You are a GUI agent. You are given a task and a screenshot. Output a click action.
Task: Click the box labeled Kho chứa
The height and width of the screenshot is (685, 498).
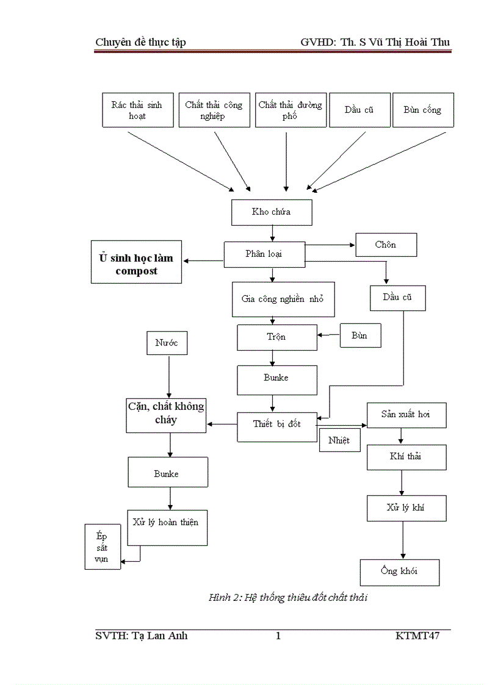click(272, 212)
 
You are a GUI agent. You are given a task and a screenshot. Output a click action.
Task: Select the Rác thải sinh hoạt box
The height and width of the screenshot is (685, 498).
click(137, 110)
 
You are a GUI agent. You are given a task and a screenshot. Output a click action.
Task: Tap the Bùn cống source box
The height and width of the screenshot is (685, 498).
click(423, 110)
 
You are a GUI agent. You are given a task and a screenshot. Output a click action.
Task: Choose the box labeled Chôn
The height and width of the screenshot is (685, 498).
click(386, 245)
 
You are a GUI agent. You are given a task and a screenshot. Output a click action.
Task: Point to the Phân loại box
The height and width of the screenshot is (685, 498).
click(264, 254)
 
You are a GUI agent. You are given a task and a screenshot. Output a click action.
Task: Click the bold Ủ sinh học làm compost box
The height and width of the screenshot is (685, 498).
click(137, 265)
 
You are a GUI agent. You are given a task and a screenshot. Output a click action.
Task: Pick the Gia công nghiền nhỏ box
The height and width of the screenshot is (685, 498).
click(283, 299)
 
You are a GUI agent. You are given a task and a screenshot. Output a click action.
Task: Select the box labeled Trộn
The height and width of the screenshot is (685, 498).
click(277, 337)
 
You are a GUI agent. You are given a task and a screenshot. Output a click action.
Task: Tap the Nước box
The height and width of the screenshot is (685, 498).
click(167, 343)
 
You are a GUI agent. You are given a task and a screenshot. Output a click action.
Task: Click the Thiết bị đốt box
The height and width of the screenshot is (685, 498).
click(277, 424)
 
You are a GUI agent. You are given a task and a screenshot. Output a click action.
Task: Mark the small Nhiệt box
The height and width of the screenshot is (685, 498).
click(339, 440)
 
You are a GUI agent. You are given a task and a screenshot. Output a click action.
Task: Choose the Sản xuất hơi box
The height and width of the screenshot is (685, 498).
click(406, 415)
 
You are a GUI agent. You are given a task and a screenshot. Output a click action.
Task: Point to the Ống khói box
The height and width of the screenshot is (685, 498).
click(399, 572)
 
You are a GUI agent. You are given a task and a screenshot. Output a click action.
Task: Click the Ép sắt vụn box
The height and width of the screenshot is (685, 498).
click(102, 547)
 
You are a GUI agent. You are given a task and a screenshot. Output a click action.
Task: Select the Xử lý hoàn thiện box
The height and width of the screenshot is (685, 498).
click(166, 523)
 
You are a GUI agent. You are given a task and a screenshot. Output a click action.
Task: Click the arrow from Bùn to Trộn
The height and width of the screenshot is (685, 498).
click(328, 335)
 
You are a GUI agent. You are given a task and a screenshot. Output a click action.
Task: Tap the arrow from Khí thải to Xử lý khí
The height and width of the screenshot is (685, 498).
click(401, 482)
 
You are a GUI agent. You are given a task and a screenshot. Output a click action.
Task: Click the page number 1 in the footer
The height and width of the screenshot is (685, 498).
click(278, 636)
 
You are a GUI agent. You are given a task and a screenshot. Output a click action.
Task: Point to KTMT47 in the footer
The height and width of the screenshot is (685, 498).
click(417, 636)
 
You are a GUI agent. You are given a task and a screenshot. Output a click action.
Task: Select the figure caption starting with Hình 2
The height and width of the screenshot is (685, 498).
click(288, 598)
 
